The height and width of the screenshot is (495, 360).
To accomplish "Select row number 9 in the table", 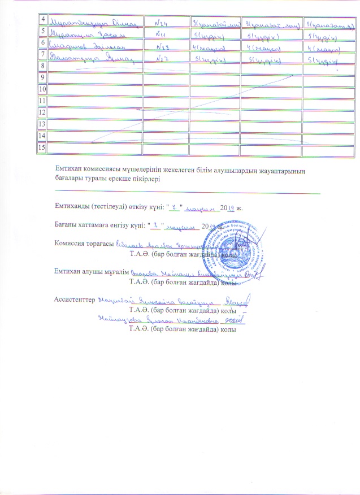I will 41,77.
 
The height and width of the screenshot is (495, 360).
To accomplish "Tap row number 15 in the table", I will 41,148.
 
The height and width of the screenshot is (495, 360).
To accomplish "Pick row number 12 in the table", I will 41,112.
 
